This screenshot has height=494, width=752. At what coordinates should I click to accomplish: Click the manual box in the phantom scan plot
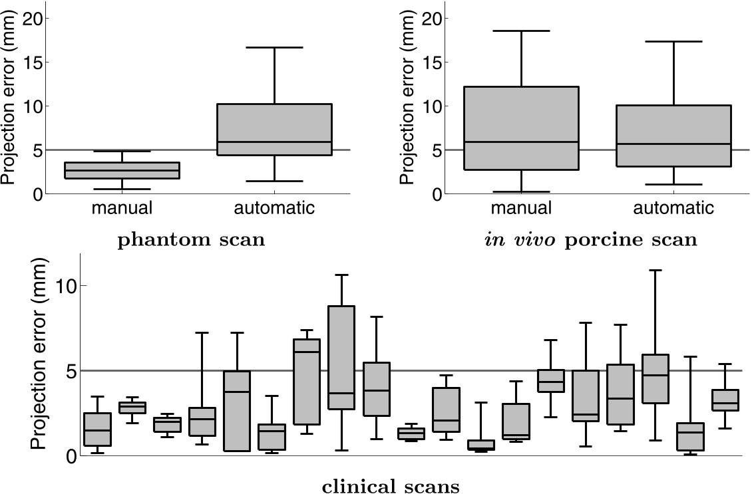point(122,170)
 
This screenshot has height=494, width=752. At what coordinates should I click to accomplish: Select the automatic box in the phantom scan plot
point(274,130)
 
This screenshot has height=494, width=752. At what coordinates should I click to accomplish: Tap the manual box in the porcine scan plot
point(521,128)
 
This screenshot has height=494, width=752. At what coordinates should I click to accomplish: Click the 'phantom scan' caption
point(191,240)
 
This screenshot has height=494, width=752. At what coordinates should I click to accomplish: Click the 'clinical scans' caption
point(391,487)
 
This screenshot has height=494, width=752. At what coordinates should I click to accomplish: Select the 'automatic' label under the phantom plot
point(274,208)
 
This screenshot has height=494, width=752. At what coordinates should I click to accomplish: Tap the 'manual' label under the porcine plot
point(521,208)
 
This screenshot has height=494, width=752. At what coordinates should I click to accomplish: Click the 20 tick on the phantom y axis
point(37,19)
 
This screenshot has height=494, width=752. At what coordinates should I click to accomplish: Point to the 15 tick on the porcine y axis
point(436,62)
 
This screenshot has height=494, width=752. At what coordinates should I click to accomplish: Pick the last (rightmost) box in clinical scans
point(725,400)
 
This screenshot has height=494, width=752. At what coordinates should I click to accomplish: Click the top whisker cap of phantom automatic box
point(274,47)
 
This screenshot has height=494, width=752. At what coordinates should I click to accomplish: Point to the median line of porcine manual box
point(521,142)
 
